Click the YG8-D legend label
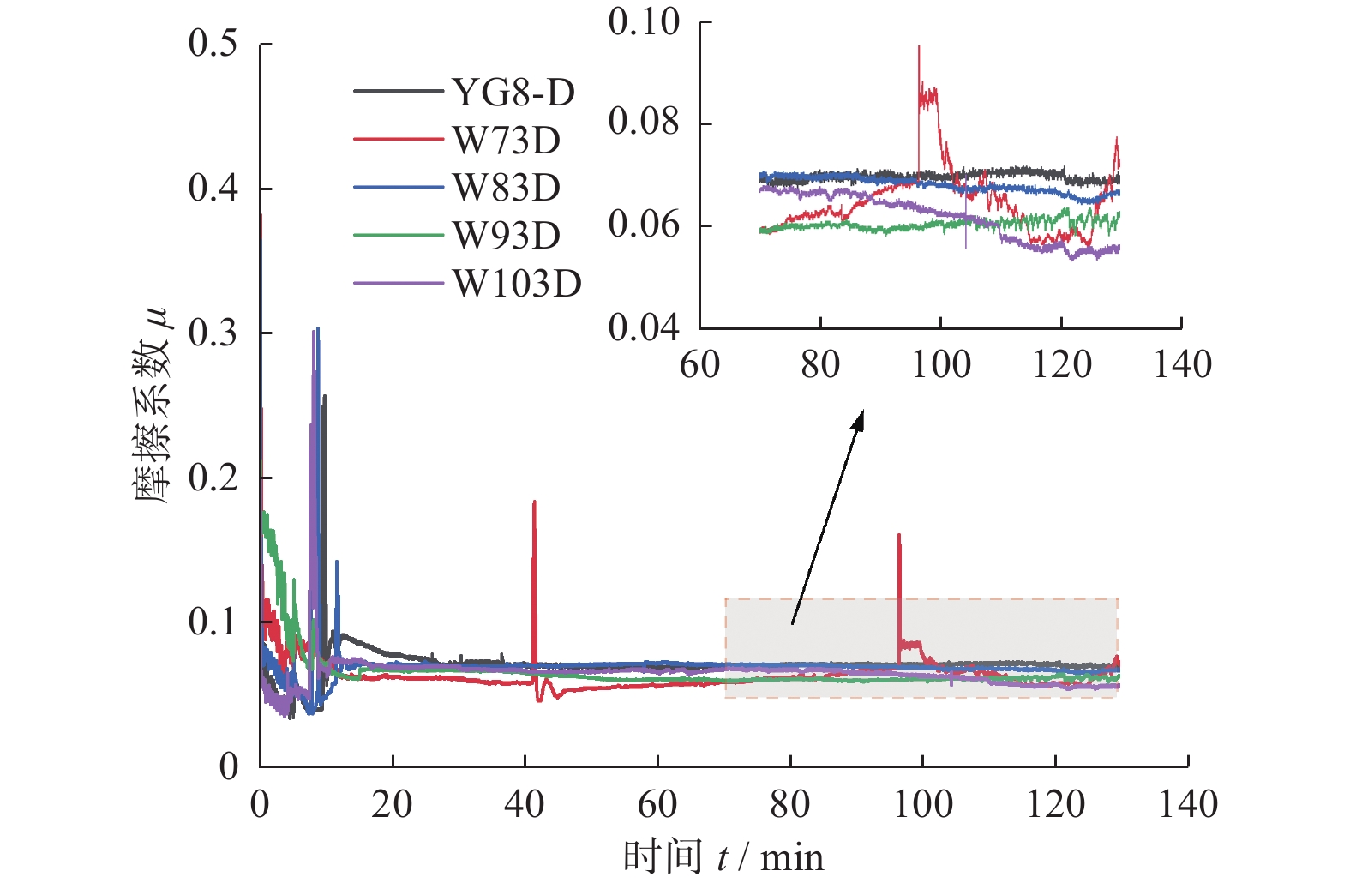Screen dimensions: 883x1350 (x=513, y=92)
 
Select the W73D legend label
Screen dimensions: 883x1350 (x=507, y=140)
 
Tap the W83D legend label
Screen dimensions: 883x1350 (x=507, y=187)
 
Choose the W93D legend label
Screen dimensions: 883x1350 (x=507, y=235)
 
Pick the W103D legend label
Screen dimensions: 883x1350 (x=517, y=283)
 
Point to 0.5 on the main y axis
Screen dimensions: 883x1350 (x=213, y=43)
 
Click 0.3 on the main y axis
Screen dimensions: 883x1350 (x=213, y=333)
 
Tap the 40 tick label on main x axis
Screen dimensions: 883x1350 (x=525, y=805)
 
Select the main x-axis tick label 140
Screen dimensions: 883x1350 (x=1188, y=805)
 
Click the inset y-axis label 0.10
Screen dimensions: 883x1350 (x=644, y=22)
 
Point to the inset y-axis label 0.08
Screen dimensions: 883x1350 (x=644, y=123)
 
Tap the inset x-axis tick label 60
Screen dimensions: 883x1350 (x=699, y=364)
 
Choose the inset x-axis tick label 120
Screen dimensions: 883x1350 (x=1061, y=364)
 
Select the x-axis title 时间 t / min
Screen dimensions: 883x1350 (x=723, y=857)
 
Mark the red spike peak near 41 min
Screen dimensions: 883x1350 (x=534, y=502)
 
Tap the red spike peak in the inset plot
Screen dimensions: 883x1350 (x=919, y=47)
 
